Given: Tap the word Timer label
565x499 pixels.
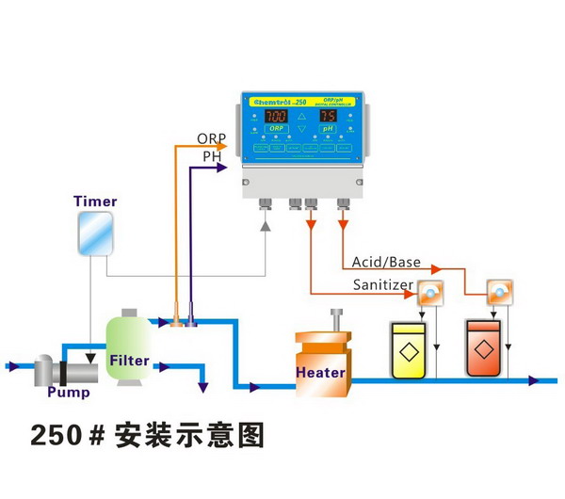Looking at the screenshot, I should [x=94, y=201].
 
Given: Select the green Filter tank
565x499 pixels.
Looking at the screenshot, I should [x=129, y=349].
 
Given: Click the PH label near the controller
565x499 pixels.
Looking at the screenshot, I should [x=212, y=157].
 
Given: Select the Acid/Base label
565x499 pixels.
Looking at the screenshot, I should [x=385, y=261].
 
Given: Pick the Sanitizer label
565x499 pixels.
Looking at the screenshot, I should [x=381, y=283].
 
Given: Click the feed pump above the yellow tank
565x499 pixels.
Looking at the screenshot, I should [x=429, y=293].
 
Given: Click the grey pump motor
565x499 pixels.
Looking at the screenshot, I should [x=49, y=369].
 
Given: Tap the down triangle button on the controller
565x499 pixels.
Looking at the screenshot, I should [x=302, y=128].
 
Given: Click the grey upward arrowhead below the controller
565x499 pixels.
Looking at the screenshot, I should [x=266, y=227].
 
